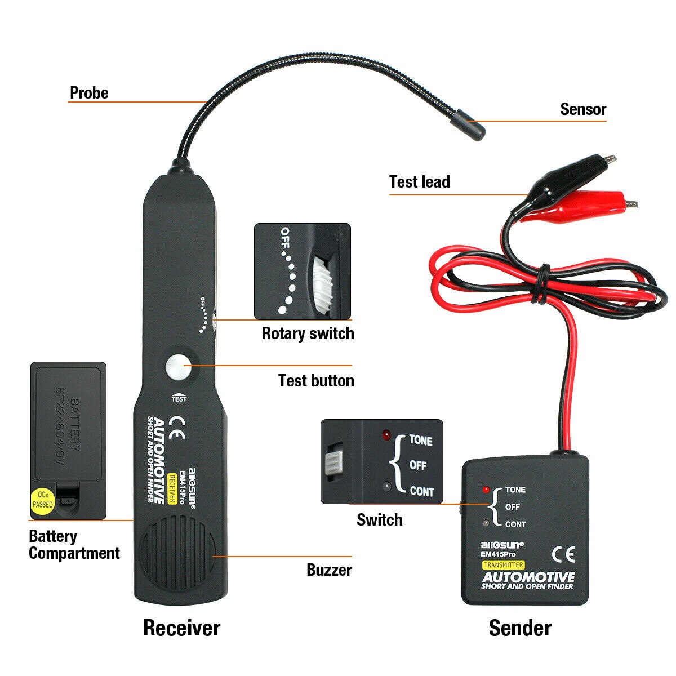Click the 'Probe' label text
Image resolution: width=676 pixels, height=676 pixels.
point(89,93)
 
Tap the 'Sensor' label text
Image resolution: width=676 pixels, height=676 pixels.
point(583,109)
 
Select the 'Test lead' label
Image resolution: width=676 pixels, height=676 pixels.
point(420,182)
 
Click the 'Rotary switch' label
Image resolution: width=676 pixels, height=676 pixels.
point(308,333)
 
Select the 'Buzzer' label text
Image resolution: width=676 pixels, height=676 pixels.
point(329,570)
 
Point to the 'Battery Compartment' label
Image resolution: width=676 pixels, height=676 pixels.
point(74,545)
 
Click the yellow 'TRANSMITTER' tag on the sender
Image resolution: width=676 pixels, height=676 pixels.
point(502,565)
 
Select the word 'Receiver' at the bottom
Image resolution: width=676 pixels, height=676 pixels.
point(181,628)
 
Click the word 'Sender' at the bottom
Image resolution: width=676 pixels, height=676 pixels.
point(520,628)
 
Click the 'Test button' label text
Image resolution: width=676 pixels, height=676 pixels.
point(316,381)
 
